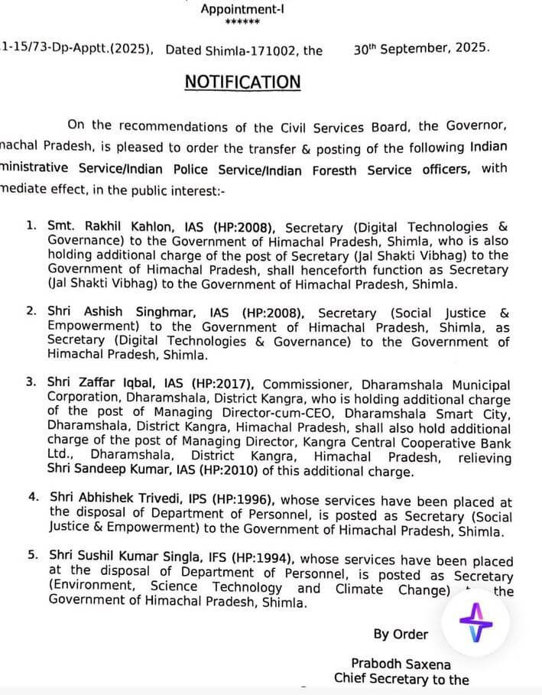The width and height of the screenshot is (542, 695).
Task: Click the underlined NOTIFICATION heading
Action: pyautogui.click(x=242, y=82)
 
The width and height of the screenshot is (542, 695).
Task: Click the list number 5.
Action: pyautogui.click(x=31, y=560)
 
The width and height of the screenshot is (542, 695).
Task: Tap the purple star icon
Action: pyautogui.click(x=475, y=622)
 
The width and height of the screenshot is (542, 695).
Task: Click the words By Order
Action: pyautogui.click(x=401, y=634)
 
